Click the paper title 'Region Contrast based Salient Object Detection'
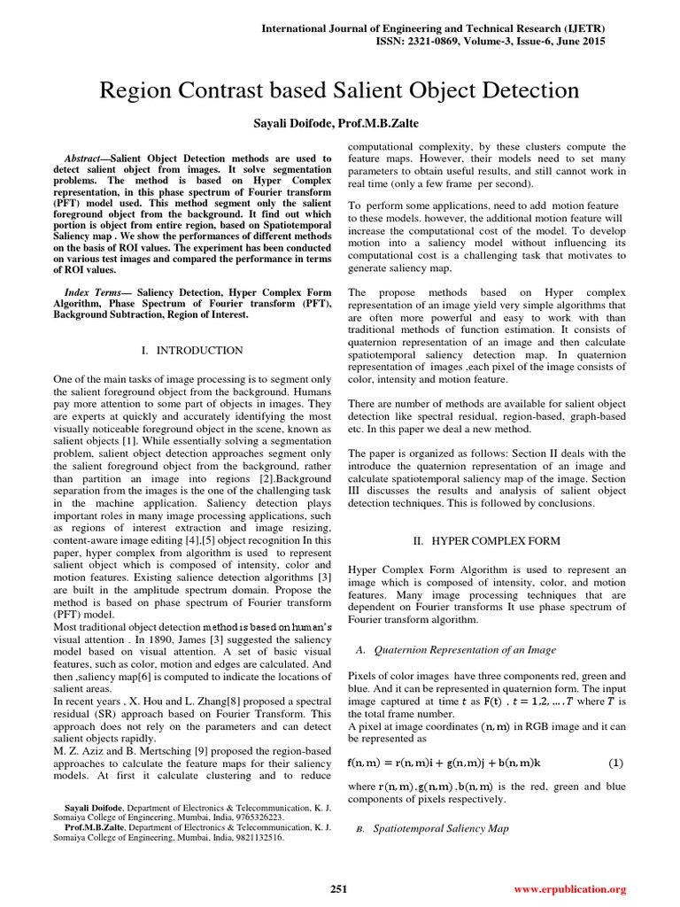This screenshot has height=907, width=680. click(x=340, y=90)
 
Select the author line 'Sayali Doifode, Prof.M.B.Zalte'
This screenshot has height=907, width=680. click(x=340, y=121)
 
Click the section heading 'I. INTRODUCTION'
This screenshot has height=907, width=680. click(x=192, y=351)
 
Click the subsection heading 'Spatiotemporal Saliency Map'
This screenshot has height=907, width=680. click(x=441, y=829)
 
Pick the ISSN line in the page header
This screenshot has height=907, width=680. click(x=471, y=42)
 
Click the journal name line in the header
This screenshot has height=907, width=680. click(x=471, y=29)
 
